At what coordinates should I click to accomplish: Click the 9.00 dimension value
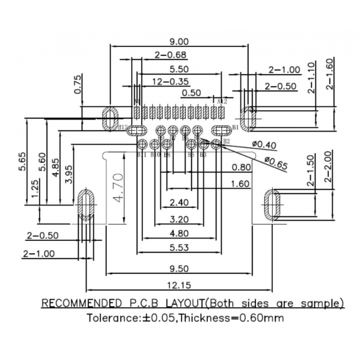178,41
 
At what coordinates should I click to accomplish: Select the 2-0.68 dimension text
170,55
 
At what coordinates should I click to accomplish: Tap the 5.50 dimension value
178,68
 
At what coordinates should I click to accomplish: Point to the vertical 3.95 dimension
69,174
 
